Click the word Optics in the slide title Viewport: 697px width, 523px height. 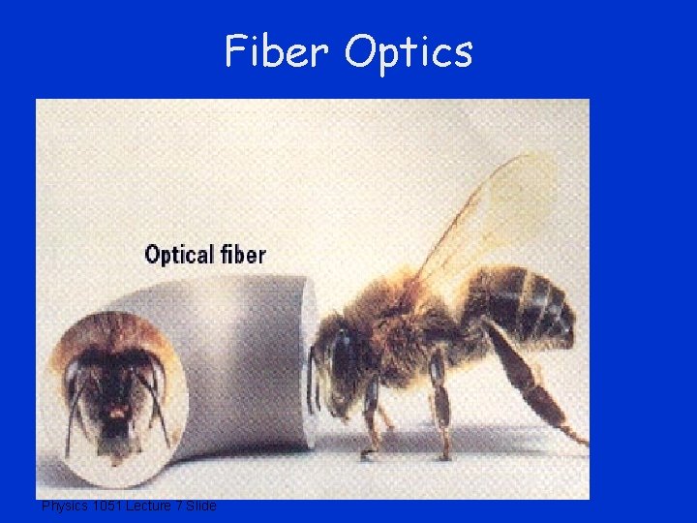pyautogui.click(x=408, y=52)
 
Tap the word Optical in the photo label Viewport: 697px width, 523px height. pyautogui.click(x=179, y=256)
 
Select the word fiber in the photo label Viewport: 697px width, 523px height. pyautogui.click(x=241, y=255)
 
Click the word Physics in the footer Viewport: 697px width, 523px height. pyautogui.click(x=64, y=507)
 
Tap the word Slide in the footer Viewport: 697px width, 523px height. pyautogui.click(x=199, y=507)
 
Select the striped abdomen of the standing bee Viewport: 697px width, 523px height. pyautogui.click(x=528, y=305)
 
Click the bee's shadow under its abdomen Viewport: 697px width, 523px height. pyautogui.click(x=542, y=455)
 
